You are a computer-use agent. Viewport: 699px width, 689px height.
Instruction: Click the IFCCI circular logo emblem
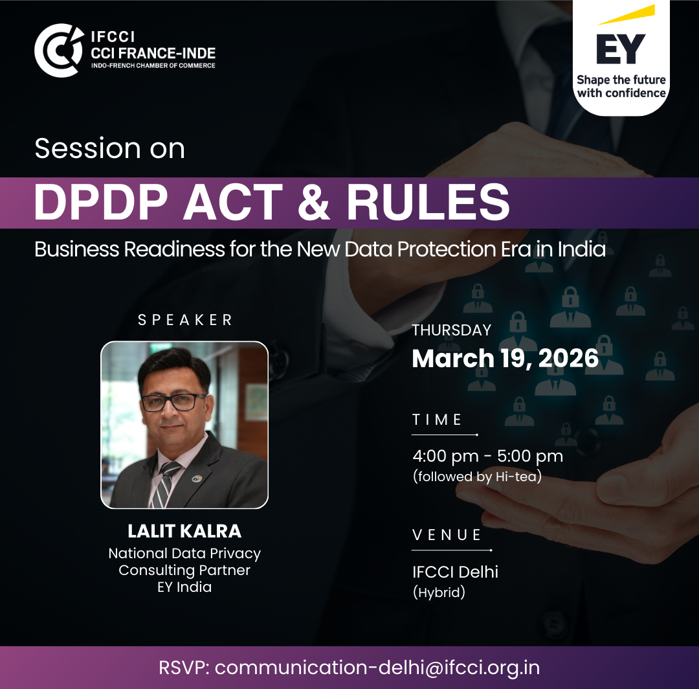click(x=59, y=51)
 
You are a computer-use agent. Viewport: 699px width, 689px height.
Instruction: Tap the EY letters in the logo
click(x=621, y=49)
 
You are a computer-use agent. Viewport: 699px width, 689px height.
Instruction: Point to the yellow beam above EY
click(x=626, y=15)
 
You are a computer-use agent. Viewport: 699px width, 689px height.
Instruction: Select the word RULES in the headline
click(x=428, y=203)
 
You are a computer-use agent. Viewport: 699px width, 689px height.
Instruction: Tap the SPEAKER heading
click(x=185, y=320)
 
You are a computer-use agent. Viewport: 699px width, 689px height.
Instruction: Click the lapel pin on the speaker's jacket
click(x=197, y=479)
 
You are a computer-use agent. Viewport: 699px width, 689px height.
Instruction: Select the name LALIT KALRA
click(x=184, y=531)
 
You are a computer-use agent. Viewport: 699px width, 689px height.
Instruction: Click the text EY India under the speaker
click(x=184, y=587)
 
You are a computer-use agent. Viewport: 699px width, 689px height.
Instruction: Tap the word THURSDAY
click(x=451, y=330)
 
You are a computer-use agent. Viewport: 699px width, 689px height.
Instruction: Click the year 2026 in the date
click(x=568, y=358)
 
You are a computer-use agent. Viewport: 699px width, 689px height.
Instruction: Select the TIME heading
click(x=437, y=420)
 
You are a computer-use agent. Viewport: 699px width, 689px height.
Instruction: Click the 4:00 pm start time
click(x=445, y=457)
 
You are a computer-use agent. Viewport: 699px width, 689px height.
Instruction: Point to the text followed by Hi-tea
click(x=477, y=477)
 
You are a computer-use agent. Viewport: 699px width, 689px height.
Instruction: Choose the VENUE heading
click(x=447, y=535)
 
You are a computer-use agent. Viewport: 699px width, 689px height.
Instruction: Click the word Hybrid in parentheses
click(x=439, y=593)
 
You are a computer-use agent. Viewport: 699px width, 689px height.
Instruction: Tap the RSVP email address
click(x=377, y=668)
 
